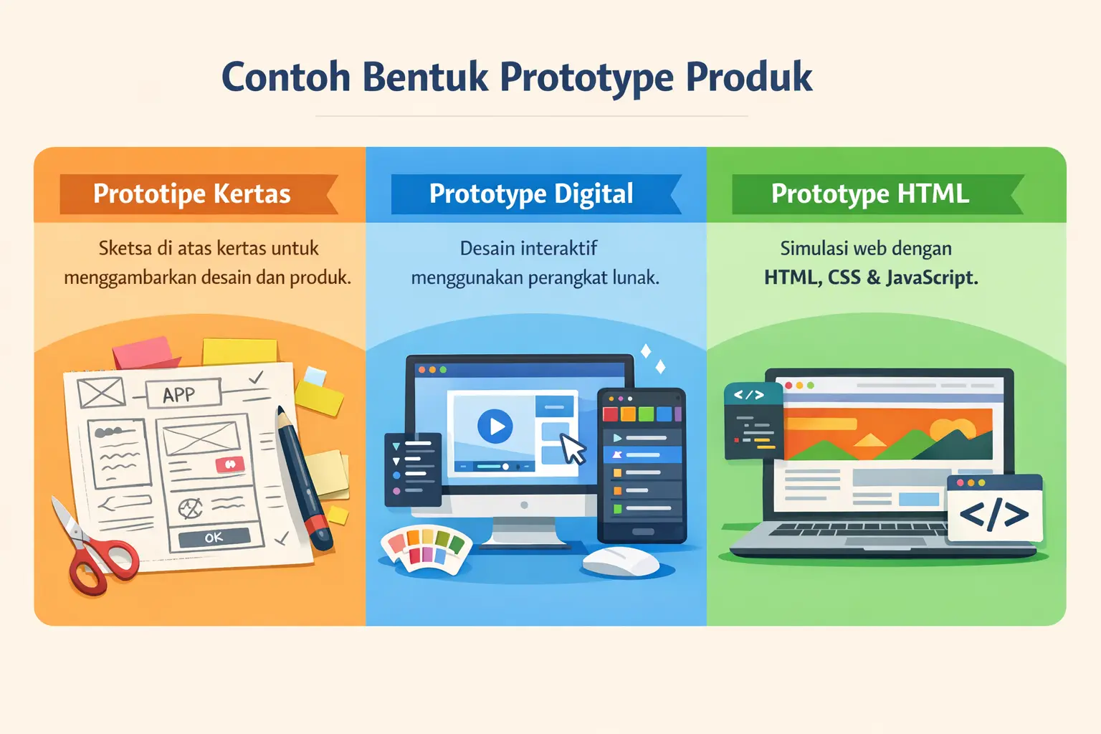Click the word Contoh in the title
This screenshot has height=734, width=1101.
point(285,77)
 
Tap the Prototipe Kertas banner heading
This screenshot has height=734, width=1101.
point(191,194)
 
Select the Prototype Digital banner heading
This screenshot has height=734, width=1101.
point(531,194)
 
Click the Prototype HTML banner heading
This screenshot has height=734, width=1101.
point(869,194)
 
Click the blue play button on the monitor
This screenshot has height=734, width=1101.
point(495,426)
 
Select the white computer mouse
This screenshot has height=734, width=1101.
point(620,561)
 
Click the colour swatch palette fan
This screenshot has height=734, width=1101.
point(426,549)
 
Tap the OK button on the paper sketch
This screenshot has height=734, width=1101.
point(214,538)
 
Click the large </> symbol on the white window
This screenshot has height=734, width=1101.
point(993,514)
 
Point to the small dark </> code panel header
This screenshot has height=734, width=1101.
point(749,395)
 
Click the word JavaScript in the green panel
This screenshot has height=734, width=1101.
point(932,277)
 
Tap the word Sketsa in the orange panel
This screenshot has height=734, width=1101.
point(125,248)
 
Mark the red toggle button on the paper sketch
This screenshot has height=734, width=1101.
point(230,464)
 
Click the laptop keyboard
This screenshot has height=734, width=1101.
point(860,530)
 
